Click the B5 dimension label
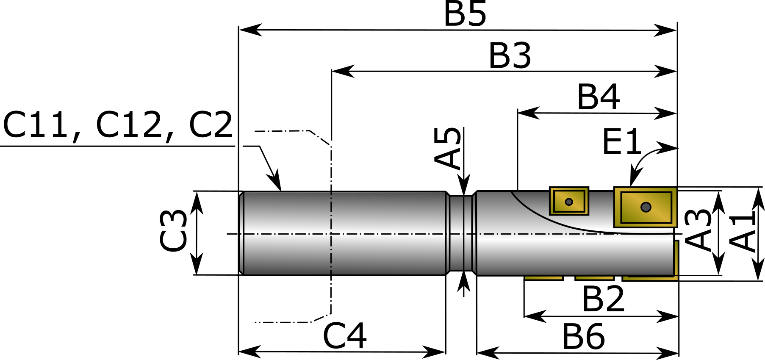click(465, 14)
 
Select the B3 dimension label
click(510, 55)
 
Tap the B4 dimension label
click(598, 97)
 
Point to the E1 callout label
click(622, 142)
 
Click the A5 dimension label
click(448, 148)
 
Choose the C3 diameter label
click(173, 231)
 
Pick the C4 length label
click(345, 336)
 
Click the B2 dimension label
click(603, 299)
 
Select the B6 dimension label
click(583, 337)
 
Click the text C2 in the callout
click(211, 125)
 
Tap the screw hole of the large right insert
click(646, 207)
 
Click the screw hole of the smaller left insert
click(569, 202)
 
